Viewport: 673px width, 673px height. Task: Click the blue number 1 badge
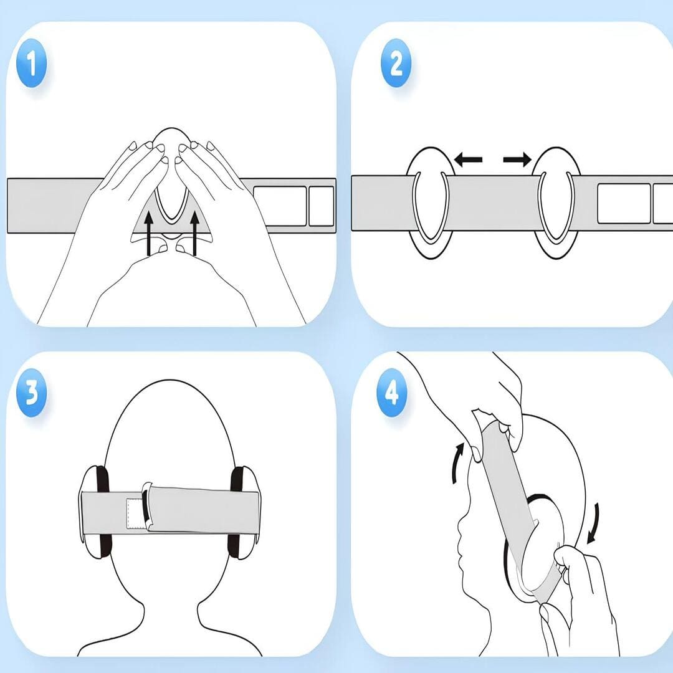point(31,63)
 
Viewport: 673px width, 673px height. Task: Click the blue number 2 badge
point(396,63)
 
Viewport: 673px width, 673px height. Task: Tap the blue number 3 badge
point(31,393)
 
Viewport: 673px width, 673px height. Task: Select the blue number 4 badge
point(391,393)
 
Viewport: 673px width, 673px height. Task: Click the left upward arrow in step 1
point(148,233)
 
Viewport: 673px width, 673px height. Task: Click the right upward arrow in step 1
point(195,233)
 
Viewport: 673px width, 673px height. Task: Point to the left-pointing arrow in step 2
point(468,160)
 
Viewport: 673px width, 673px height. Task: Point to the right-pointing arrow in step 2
point(517,160)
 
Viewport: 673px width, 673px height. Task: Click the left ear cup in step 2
point(430,203)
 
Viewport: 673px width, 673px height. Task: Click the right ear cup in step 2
point(556,203)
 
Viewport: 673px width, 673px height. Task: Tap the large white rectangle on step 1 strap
point(280,206)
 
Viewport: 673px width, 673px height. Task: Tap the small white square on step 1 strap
point(322,206)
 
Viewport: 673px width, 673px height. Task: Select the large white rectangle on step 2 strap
point(624,203)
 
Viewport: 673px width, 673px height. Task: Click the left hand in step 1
point(107,214)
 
